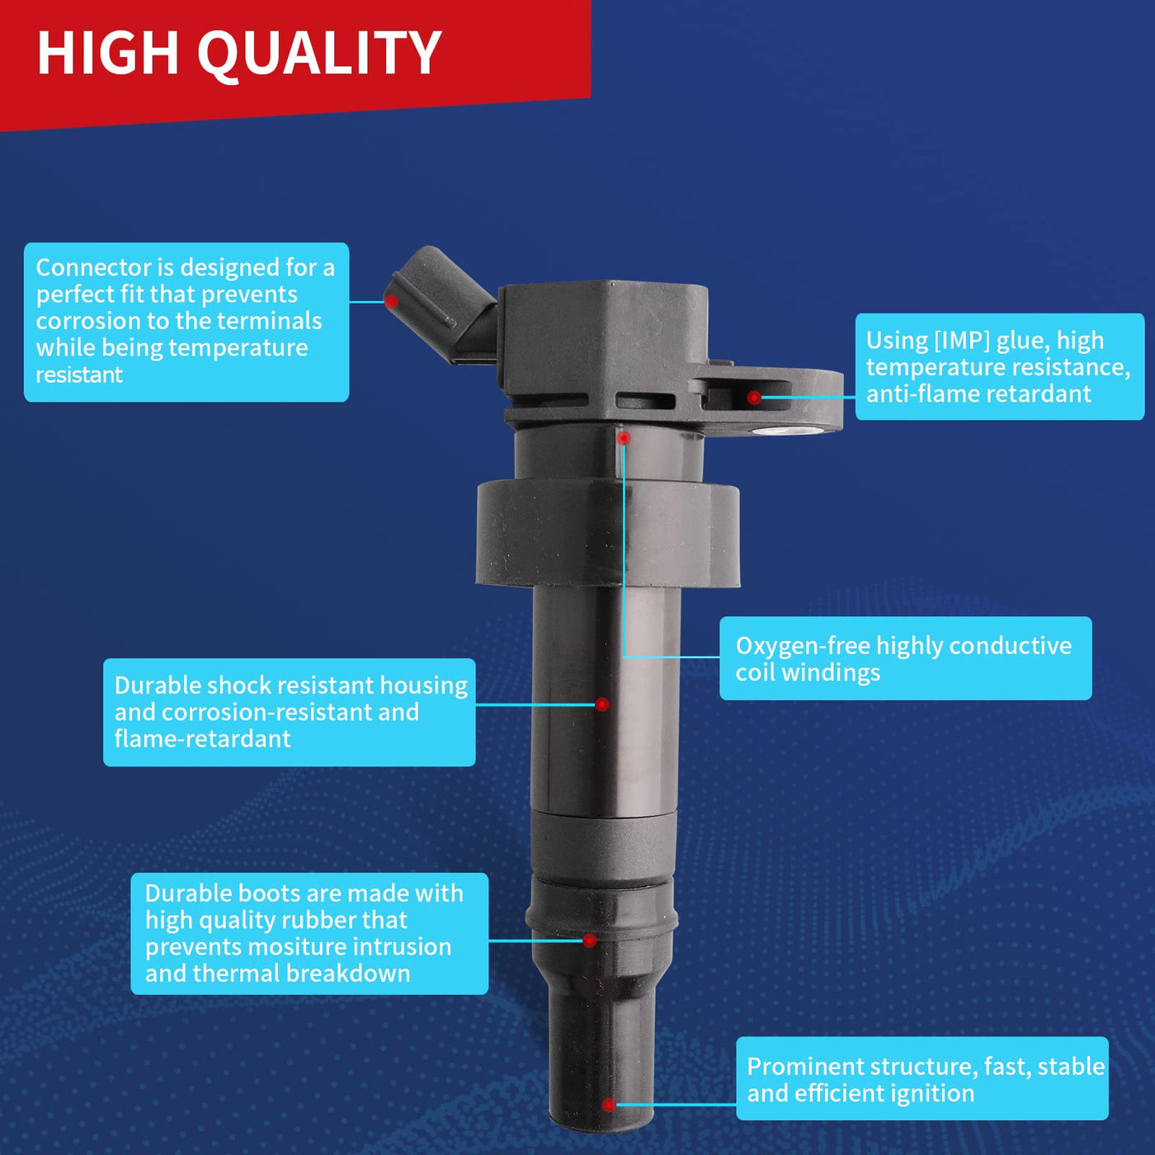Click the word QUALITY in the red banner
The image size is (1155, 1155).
[319, 54]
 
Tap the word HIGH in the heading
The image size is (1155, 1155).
[108, 53]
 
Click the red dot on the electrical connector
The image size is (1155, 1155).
[391, 301]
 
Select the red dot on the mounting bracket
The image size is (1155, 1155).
[754, 397]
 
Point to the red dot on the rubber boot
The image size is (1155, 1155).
[590, 940]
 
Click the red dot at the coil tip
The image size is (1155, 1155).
[609, 1104]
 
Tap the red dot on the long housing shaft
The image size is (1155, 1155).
[601, 705]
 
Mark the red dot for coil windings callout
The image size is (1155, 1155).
[624, 438]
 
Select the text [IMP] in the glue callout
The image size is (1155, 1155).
[961, 341]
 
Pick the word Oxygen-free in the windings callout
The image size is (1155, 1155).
[804, 646]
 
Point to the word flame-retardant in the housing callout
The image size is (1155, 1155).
[203, 738]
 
